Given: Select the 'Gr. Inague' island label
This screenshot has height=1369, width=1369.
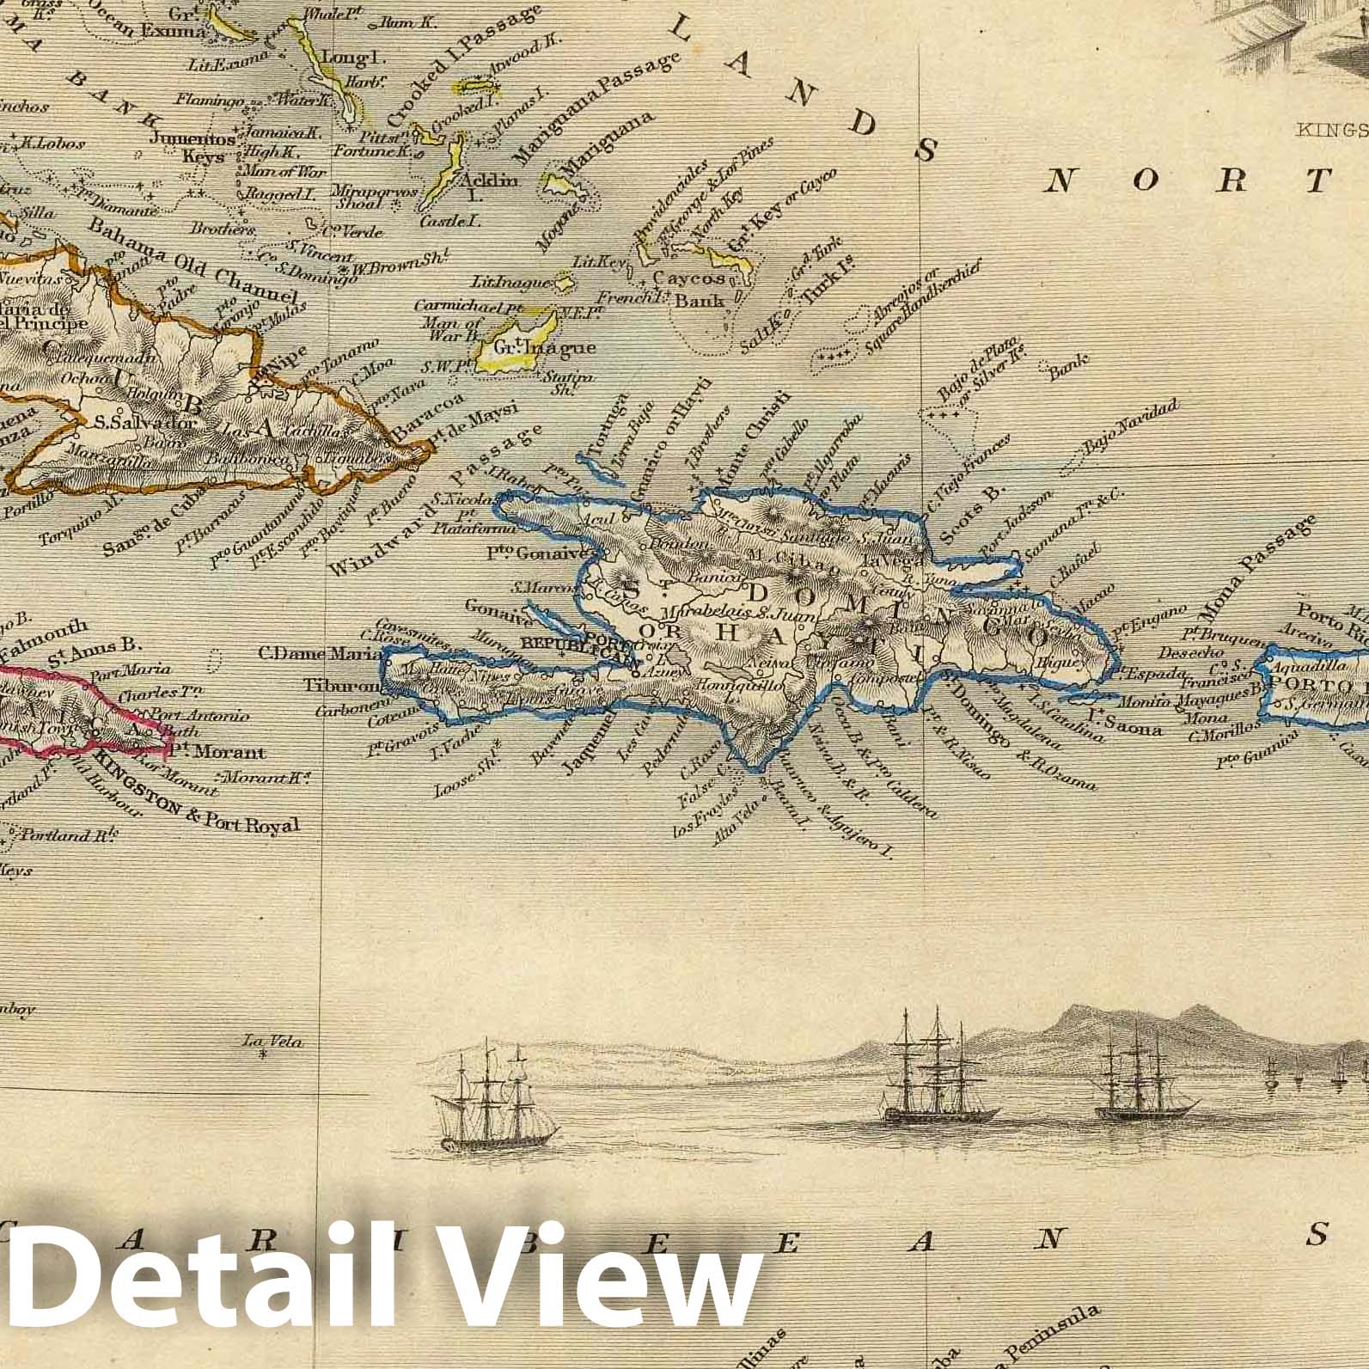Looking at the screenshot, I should (x=537, y=348).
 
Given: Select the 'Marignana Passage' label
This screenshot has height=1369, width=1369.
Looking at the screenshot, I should (x=593, y=108).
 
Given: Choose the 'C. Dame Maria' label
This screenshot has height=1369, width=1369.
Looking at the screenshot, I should (x=303, y=652).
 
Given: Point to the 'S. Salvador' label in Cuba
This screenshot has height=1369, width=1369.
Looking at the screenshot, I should (x=146, y=422).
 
